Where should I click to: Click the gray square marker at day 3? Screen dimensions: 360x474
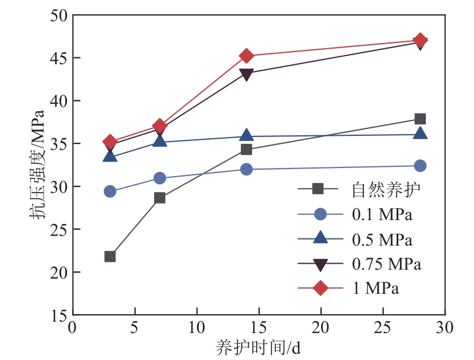tap(110, 256)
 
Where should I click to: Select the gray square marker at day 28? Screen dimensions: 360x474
tap(420, 119)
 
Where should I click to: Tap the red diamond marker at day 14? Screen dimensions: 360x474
tap(246, 56)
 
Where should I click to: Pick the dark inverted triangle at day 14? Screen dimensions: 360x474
tap(246, 74)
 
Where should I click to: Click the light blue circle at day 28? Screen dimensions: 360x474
tap(420, 166)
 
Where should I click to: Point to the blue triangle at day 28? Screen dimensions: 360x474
tap(420, 134)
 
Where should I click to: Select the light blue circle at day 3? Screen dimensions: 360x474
tap(110, 191)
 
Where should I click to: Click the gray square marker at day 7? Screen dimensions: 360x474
tap(160, 198)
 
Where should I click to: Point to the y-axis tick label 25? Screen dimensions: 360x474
tap(57, 230)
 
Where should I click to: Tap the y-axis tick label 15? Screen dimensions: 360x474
tap(57, 315)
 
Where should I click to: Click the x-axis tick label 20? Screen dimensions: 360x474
tap(320, 328)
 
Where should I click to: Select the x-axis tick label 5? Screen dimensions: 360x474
tap(135, 328)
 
